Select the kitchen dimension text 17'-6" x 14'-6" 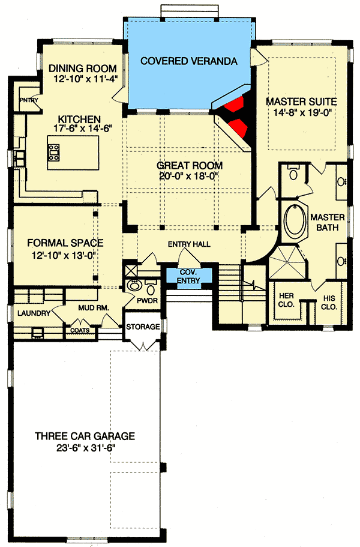point(75,128)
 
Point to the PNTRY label point(28,100)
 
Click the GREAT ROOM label point(190,165)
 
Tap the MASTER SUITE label point(301,101)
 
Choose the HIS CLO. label point(329,300)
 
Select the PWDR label point(145,298)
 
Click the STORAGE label point(143,327)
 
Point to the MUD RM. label point(93,309)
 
